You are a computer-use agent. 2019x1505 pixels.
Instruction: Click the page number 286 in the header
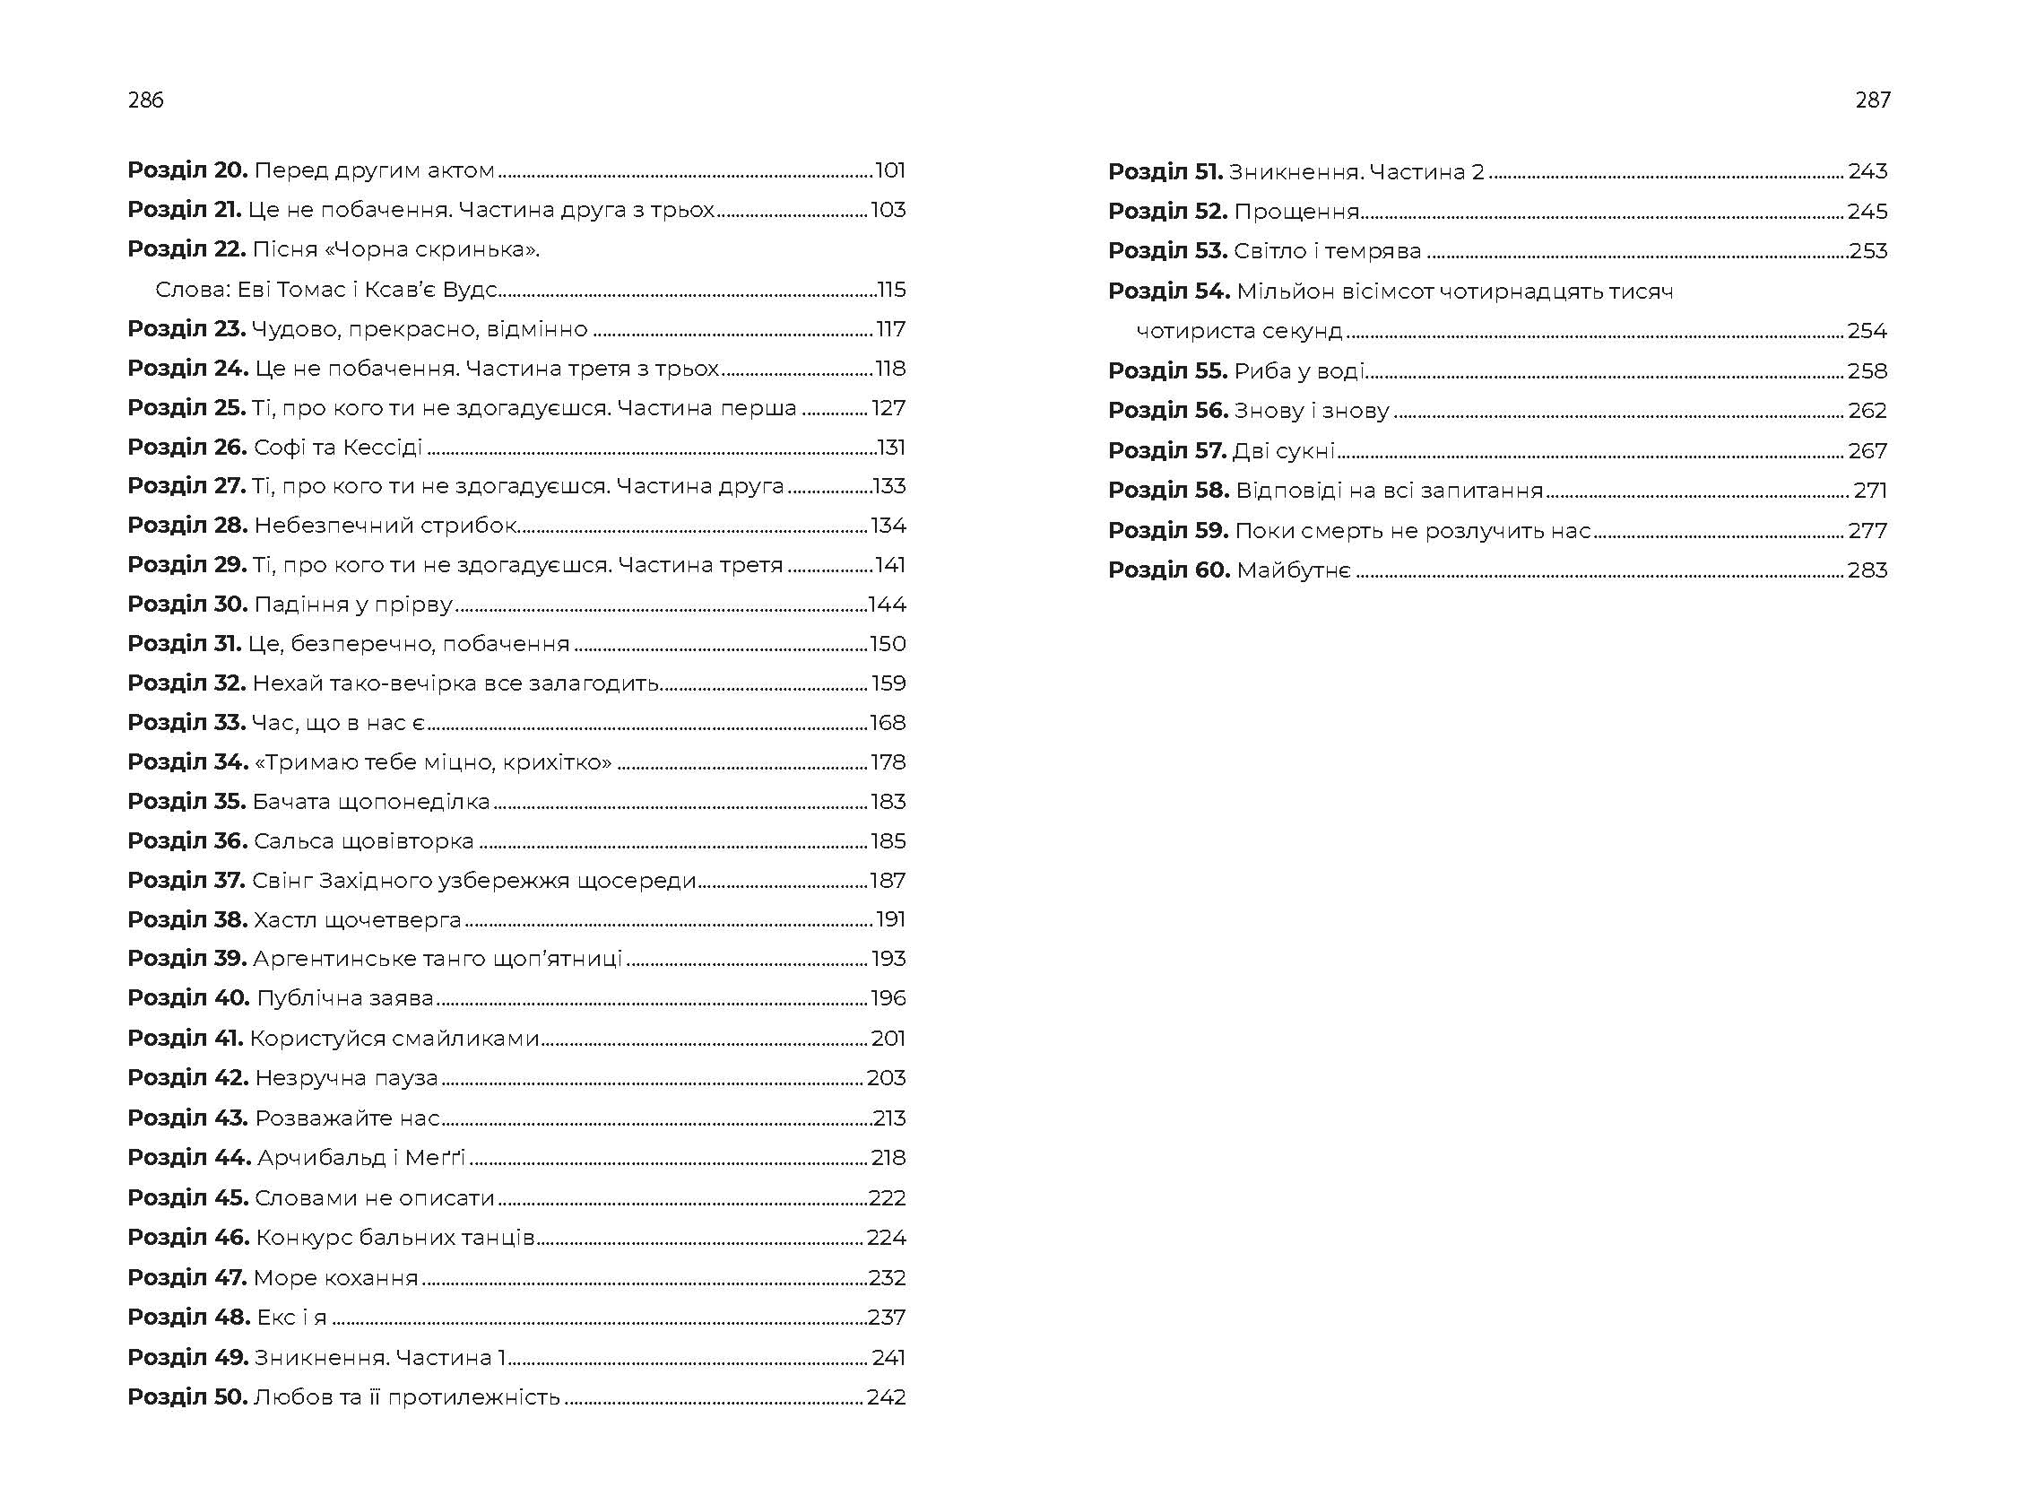pyautogui.click(x=146, y=100)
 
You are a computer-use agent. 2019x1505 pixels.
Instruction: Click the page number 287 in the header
pyautogui.click(x=1872, y=100)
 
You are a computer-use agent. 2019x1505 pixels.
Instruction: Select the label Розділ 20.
pyautogui.click(x=187, y=170)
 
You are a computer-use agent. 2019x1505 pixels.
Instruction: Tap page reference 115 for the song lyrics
pyautogui.click(x=890, y=290)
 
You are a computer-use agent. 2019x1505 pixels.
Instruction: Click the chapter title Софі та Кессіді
pyautogui.click(x=338, y=448)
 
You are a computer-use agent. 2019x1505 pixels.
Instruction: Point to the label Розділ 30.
pyautogui.click(x=187, y=604)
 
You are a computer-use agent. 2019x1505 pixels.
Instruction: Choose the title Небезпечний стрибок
pyautogui.click(x=386, y=526)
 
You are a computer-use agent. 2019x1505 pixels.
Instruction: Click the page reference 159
pyautogui.click(x=888, y=683)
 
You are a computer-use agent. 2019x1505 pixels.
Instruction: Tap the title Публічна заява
pyautogui.click(x=345, y=998)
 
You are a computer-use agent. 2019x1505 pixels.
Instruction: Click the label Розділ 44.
pyautogui.click(x=189, y=1158)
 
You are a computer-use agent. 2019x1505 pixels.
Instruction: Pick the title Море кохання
pyautogui.click(x=336, y=1277)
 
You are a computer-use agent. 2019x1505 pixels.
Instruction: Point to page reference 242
pyautogui.click(x=886, y=1396)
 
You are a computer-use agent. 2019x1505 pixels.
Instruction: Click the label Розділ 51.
pyautogui.click(x=1165, y=171)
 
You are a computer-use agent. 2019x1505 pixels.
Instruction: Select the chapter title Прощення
pyautogui.click(x=1295, y=212)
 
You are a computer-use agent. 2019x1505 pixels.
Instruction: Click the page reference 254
pyautogui.click(x=1867, y=331)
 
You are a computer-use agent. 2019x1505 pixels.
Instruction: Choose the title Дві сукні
pyautogui.click(x=1284, y=450)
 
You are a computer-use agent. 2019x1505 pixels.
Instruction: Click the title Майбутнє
pyautogui.click(x=1293, y=570)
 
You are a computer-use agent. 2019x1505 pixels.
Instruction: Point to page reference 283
pyautogui.click(x=1867, y=570)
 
